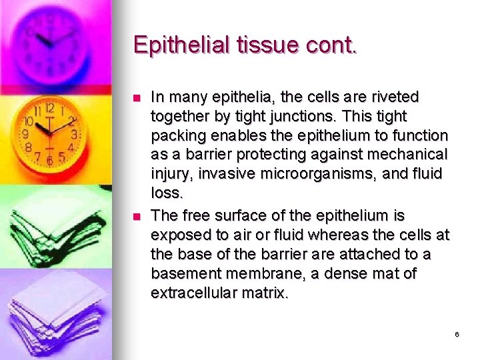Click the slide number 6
coord(457,335)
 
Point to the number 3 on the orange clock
coord(74,135)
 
